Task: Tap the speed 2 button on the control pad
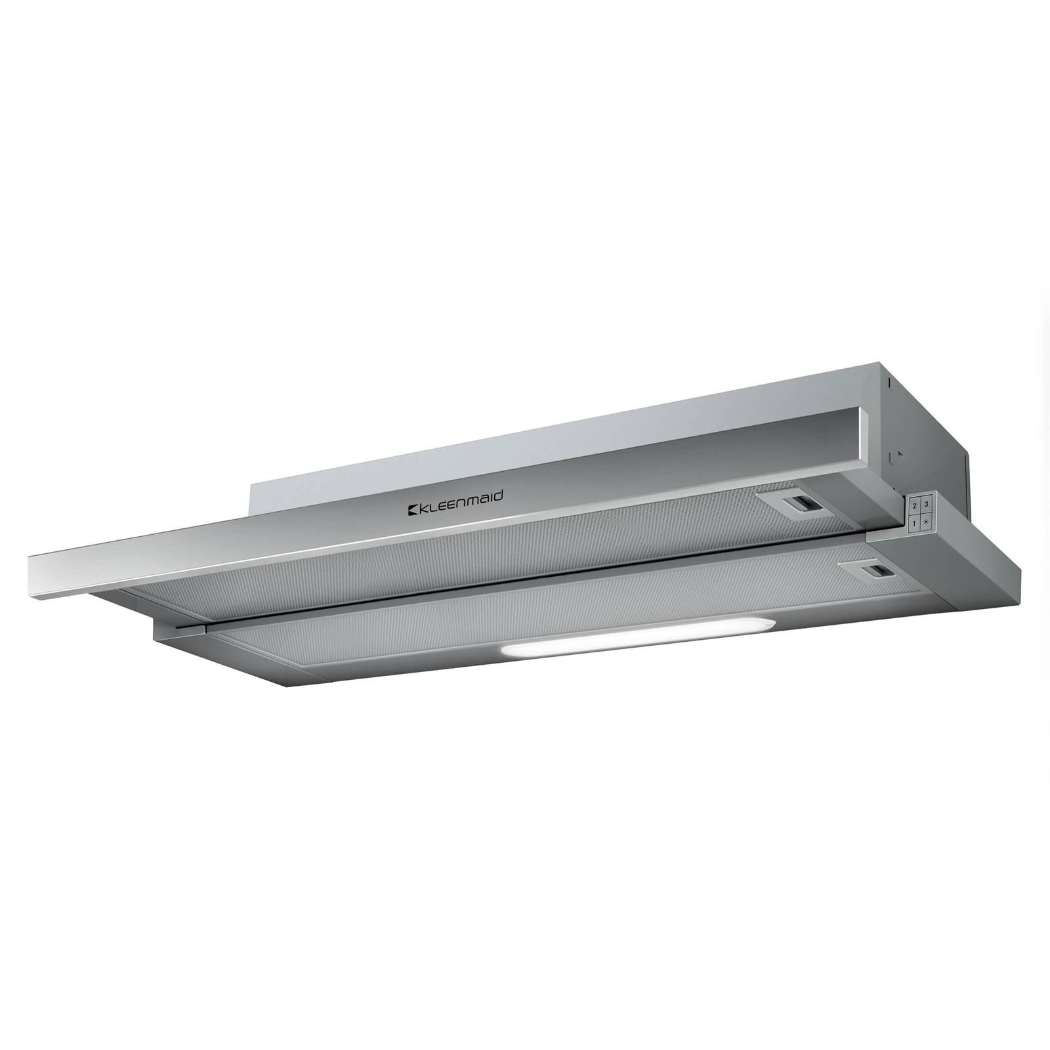pyautogui.click(x=915, y=505)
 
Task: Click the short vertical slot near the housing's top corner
pyautogui.click(x=887, y=381)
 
